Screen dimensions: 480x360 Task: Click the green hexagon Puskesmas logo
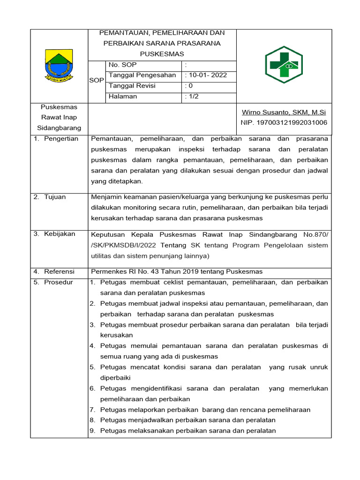tap(284, 65)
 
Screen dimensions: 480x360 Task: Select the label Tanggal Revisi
tap(132, 86)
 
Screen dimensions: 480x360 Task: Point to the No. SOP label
tap(123, 65)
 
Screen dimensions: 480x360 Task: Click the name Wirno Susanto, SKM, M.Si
tap(284, 112)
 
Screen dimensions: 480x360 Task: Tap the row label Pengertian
tap(61, 139)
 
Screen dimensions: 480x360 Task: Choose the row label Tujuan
tap(55, 197)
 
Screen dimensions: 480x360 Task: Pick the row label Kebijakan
tap(60, 234)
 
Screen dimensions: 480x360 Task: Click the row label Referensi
tap(59, 271)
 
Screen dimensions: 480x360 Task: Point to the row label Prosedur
tap(59, 282)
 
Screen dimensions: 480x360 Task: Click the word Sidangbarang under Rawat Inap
tap(59, 128)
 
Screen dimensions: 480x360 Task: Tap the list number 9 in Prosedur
tap(92, 431)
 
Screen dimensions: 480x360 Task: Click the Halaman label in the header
tap(123, 97)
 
